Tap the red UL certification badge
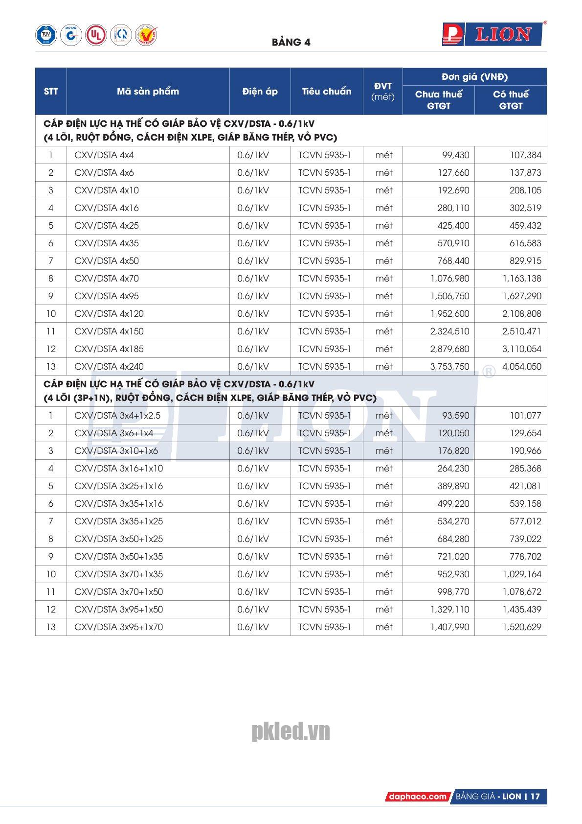(x=96, y=35)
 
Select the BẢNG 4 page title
(x=291, y=42)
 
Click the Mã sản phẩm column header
(x=148, y=92)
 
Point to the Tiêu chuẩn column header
(x=326, y=92)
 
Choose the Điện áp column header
(x=260, y=92)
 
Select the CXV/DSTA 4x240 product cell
(x=109, y=367)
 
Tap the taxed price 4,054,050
(x=522, y=367)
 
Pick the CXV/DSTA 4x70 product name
(x=107, y=279)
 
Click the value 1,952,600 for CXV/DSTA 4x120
(x=449, y=314)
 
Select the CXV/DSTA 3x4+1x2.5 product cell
(x=117, y=416)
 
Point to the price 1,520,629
(x=522, y=627)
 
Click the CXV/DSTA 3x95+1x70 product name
(x=118, y=627)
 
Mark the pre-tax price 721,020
(x=453, y=557)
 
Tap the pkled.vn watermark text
(x=291, y=731)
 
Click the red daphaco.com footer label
(x=417, y=797)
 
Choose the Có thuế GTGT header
(x=511, y=100)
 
